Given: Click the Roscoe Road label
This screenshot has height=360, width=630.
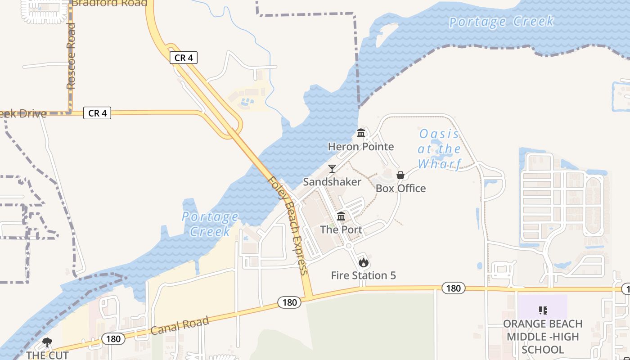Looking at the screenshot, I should point(71,56).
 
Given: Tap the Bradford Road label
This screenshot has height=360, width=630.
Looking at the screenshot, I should point(109,3).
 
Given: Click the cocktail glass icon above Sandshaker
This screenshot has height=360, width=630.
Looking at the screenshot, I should point(332,169).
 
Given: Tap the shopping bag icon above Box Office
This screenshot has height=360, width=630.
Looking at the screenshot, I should point(400,175).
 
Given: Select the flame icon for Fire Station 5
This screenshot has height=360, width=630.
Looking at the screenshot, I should point(364,262).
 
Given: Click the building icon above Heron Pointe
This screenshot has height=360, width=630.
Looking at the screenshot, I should point(361,133).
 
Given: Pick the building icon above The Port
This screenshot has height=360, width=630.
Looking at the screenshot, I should point(341,216).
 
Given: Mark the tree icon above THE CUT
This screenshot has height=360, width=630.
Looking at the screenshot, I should point(47,342).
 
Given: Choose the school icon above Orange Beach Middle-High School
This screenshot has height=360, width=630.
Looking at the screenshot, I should point(543,310).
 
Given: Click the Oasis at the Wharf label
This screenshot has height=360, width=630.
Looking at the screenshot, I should point(439,148).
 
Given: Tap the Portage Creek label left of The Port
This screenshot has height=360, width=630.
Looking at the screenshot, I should point(210,224).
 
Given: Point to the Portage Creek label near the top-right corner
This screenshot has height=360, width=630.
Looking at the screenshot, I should point(501,22).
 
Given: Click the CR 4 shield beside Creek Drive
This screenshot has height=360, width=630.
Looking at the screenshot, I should point(97,113).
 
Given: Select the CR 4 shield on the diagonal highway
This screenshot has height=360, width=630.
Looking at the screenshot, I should point(184,58).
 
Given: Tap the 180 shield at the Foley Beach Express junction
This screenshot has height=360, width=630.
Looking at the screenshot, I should point(289,302).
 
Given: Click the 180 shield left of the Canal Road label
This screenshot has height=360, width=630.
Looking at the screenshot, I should point(113,338).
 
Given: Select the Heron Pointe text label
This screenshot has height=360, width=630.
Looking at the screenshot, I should point(361,147).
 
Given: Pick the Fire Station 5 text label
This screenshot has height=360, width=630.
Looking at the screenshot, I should point(364,275).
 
